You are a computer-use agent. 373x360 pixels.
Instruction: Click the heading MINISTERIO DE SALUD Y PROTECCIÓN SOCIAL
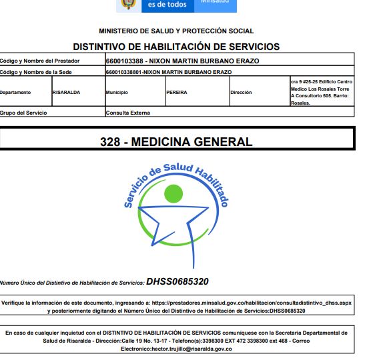tap(176, 31)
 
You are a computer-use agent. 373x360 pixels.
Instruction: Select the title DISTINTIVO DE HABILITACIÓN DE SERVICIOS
tap(176, 47)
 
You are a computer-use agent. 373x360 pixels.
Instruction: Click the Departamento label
tap(17, 93)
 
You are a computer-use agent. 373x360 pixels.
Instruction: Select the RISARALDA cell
tap(66, 93)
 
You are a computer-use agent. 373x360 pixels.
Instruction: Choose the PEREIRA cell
tap(177, 93)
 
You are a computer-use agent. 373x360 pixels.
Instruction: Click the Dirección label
tap(241, 93)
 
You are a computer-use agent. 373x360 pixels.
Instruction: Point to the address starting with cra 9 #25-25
tap(319, 92)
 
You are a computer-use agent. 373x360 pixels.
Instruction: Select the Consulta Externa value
tap(127, 113)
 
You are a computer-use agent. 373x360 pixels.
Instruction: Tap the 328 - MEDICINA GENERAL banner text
tap(176, 141)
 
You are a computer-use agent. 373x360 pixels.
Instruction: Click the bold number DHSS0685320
tap(177, 281)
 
